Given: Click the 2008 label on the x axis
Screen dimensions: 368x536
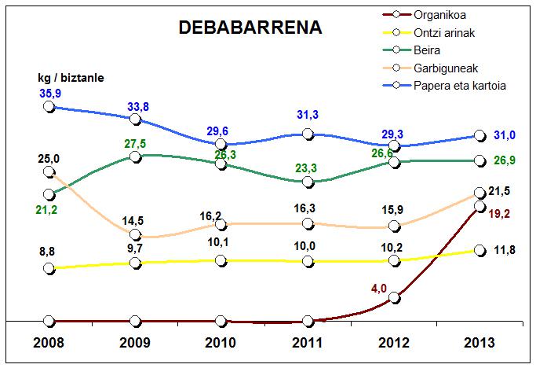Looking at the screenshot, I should pyautogui.click(x=49, y=344).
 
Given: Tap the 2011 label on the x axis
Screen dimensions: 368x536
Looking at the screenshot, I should pyautogui.click(x=308, y=344).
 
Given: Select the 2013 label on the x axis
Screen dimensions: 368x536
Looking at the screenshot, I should pyautogui.click(x=480, y=344).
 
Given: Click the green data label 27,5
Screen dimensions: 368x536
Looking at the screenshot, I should pyautogui.click(x=136, y=145).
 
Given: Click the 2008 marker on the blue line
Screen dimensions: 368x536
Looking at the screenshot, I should pyautogui.click(x=49, y=106).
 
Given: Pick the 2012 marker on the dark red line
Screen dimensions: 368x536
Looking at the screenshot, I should pyautogui.click(x=395, y=298).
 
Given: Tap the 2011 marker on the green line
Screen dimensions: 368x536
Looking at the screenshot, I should pyautogui.click(x=308, y=182).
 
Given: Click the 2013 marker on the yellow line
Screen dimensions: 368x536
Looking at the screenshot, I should pyautogui.click(x=480, y=250).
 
